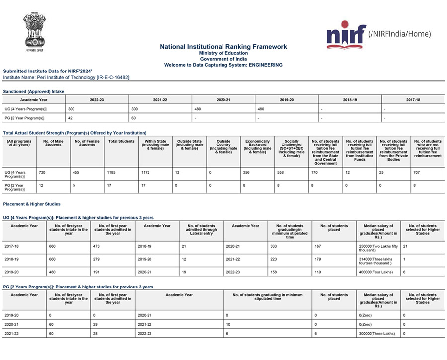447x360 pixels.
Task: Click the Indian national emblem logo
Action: pos(34,32)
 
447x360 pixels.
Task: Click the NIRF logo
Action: pos(346,35)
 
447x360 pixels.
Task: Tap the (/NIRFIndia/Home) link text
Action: pos(399,34)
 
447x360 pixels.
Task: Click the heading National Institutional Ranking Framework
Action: pos(223,46)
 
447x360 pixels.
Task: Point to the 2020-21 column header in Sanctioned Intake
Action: pos(223,100)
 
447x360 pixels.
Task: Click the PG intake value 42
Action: pos(71,118)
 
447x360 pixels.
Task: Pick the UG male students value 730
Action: pos(42,173)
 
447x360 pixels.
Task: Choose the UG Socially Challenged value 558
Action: pos(281,173)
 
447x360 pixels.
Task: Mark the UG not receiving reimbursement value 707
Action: pos(418,173)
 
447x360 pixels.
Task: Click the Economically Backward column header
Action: pos(257,146)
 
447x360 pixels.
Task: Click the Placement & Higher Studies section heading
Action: pos(32,204)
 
